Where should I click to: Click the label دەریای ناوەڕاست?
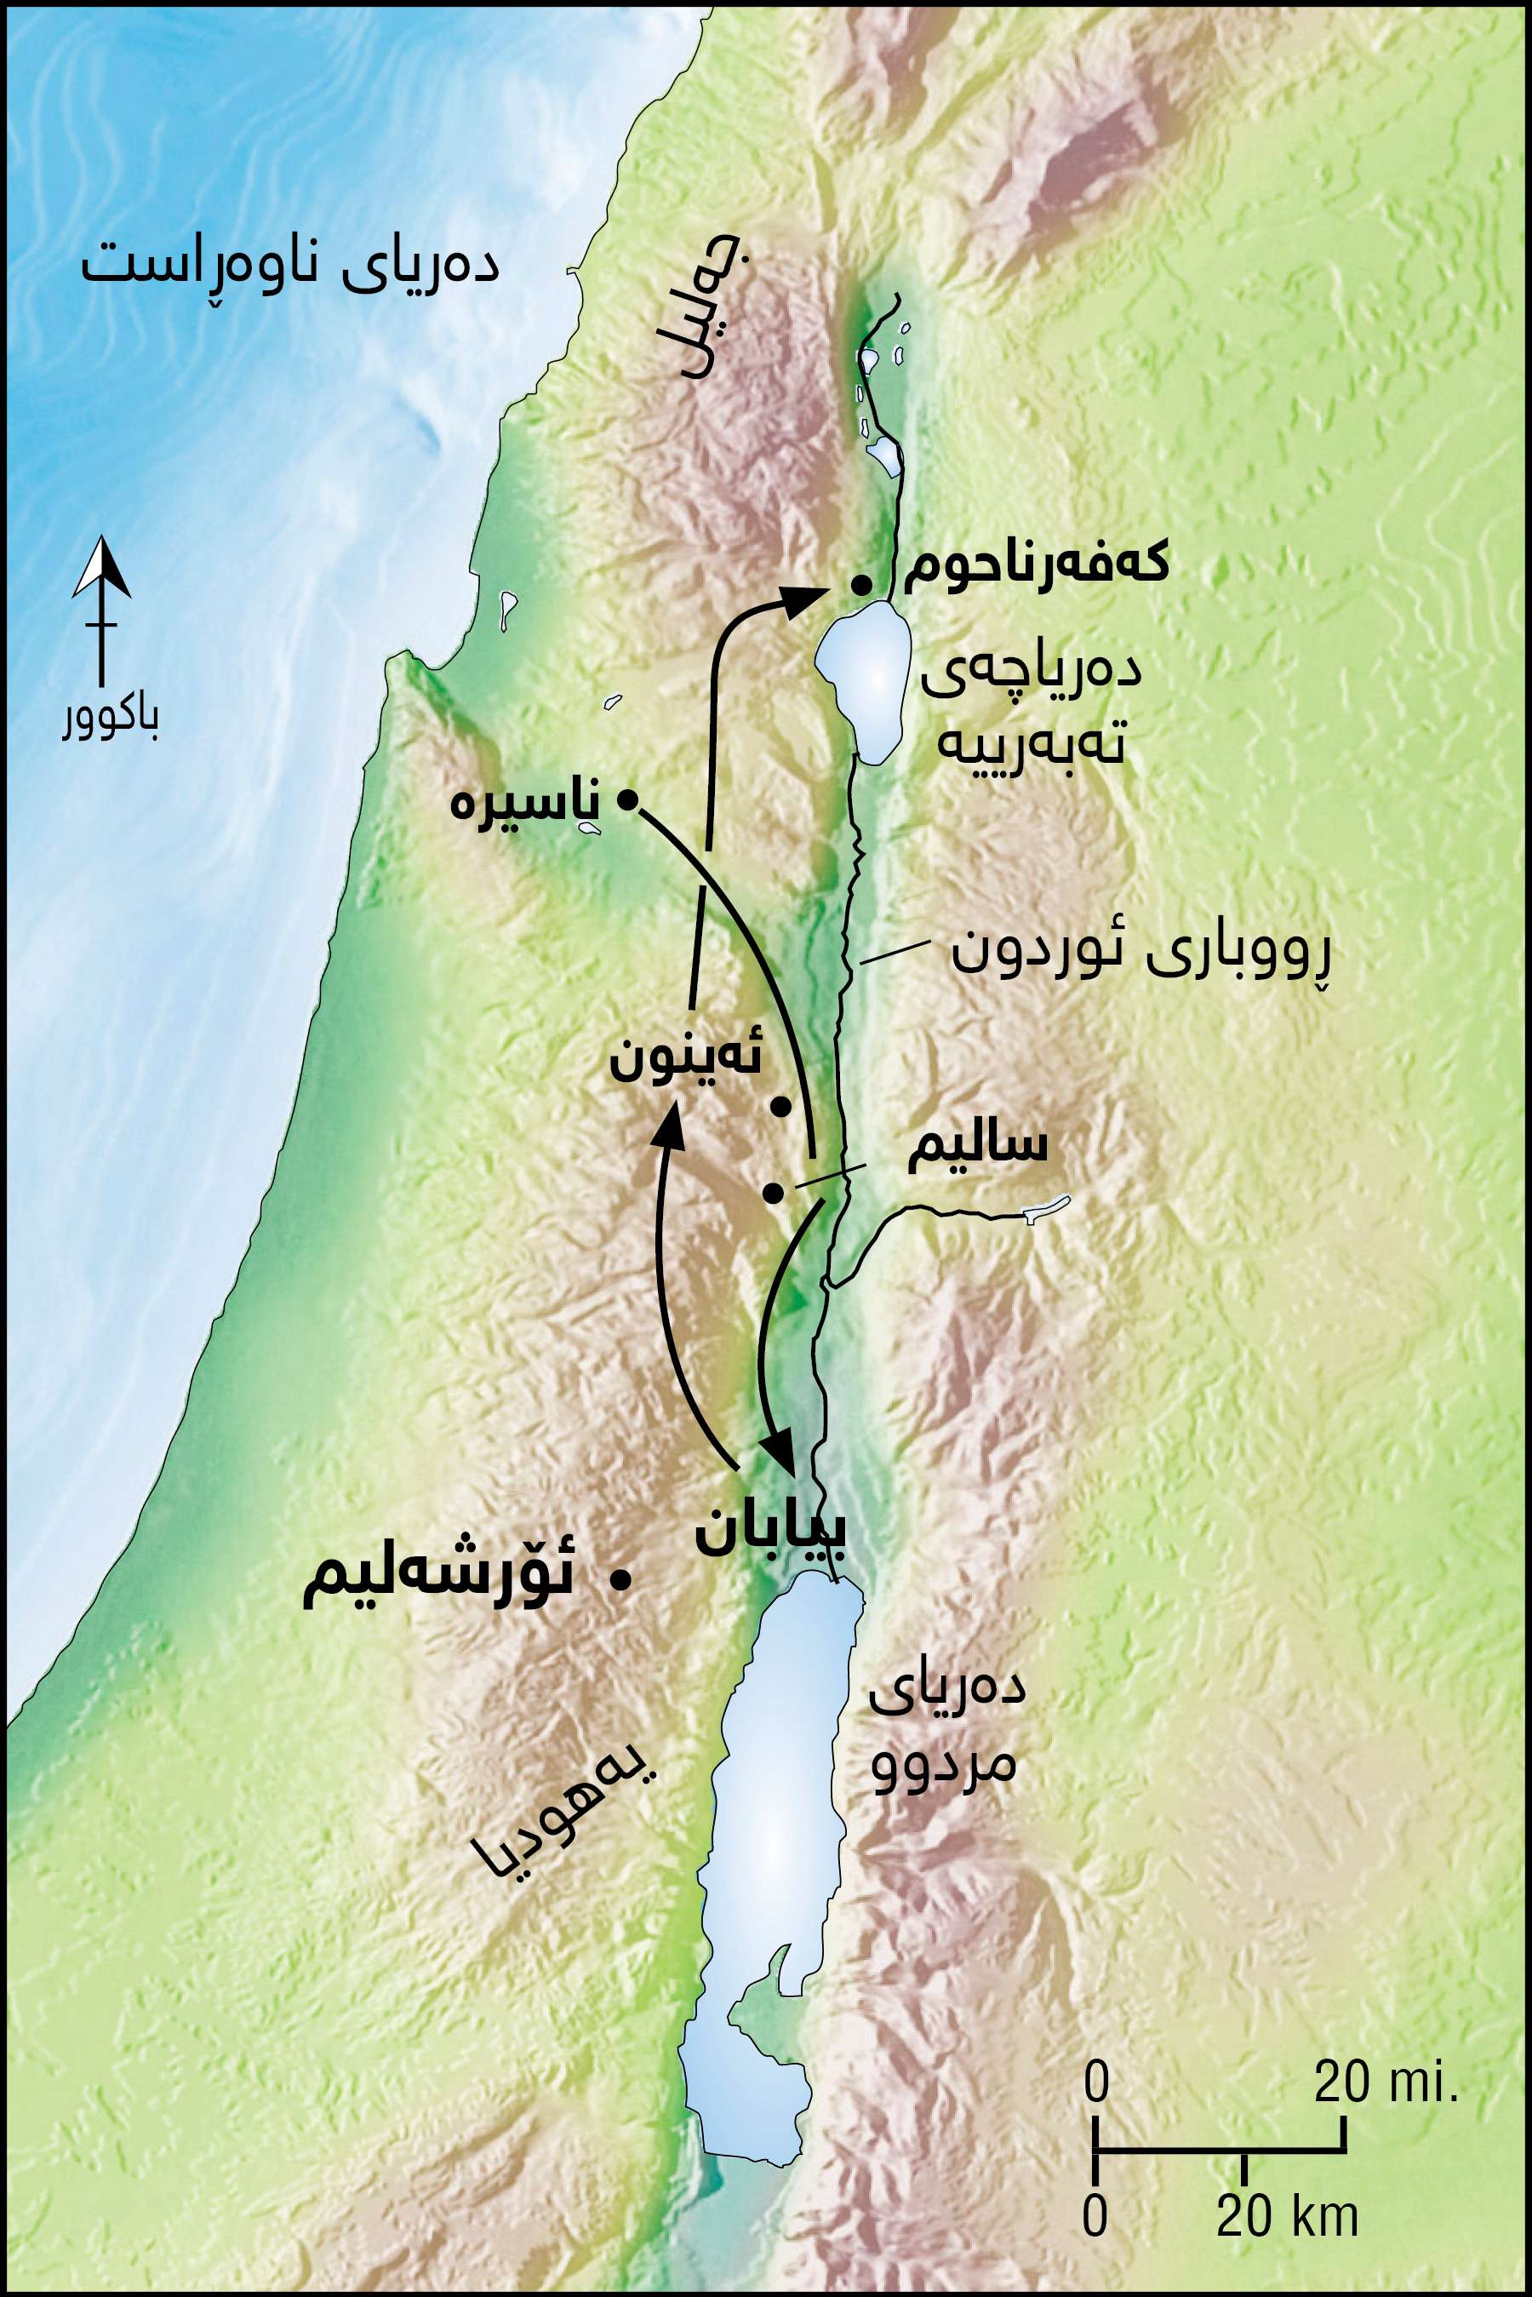(x=290, y=266)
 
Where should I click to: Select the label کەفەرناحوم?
(x=1036, y=567)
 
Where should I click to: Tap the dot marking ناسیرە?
(x=628, y=801)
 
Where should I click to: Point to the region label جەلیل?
(x=713, y=315)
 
